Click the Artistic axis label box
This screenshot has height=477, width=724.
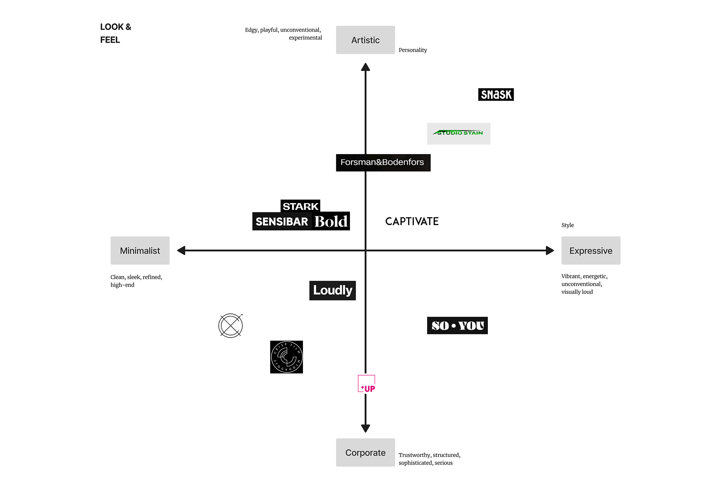point(365,40)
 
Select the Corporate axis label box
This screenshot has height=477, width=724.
point(365,452)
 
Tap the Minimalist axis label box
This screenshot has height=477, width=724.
point(140,251)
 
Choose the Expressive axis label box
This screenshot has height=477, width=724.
point(591,251)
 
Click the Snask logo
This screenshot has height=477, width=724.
point(496,94)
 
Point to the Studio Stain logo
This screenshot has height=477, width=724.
point(459,133)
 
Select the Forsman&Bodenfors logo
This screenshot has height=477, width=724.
point(383,163)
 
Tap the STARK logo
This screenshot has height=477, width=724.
point(300,206)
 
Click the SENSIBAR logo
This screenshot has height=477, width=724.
point(282,222)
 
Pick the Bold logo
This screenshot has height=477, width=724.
point(331,222)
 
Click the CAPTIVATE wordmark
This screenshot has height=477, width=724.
point(412,222)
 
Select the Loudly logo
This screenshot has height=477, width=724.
point(332,290)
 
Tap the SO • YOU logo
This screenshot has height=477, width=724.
point(457,325)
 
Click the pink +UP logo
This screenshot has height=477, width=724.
point(367,384)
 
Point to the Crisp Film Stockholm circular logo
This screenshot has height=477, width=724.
point(286,357)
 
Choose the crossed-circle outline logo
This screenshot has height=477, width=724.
point(230,325)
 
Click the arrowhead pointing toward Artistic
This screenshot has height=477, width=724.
point(365,67)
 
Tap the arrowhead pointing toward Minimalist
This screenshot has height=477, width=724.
point(181,251)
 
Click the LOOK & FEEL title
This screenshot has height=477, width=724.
point(115,33)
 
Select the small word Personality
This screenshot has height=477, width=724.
point(413,50)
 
